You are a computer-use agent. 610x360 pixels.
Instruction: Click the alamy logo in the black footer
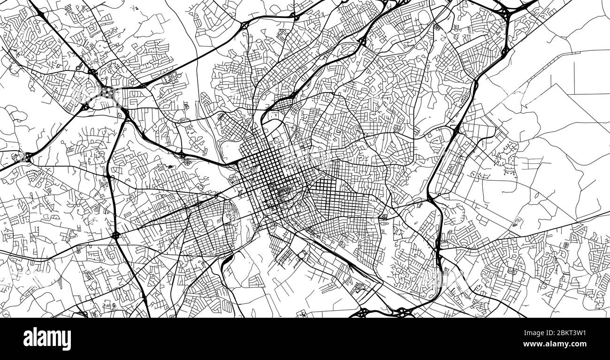click(x=47, y=338)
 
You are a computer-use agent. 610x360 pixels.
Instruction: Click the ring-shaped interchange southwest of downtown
click(x=115, y=235)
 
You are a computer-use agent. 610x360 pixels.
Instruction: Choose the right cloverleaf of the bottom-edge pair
click(x=402, y=311)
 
